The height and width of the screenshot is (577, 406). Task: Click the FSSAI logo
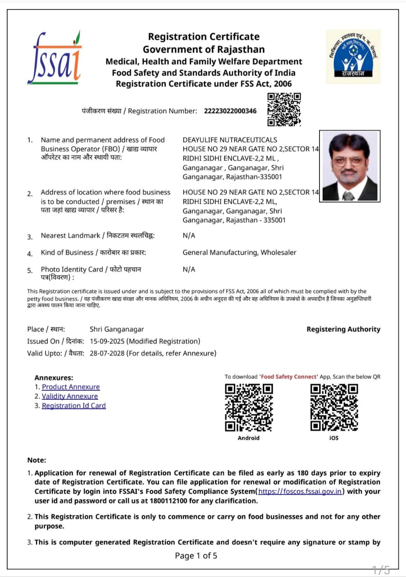54,58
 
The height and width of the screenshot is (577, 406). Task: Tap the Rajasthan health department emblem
353,57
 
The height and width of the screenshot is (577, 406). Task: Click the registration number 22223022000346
230,111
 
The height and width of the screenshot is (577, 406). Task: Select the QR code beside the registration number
284,110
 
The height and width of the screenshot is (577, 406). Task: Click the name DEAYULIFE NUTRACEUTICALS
230,140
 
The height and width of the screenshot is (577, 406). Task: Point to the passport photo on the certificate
350,166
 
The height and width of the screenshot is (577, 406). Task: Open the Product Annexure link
71,387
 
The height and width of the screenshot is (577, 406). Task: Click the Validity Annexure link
70,396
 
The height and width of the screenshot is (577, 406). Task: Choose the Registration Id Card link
74,406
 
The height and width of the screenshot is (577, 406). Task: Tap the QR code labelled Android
249,407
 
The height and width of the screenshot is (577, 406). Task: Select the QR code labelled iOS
334,407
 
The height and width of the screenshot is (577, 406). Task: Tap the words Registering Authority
343,329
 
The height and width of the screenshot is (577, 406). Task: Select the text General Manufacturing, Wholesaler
239,252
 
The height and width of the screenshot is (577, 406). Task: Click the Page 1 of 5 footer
196,555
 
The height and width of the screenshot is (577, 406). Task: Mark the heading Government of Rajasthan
204,49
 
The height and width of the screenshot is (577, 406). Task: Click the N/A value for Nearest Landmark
189,236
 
